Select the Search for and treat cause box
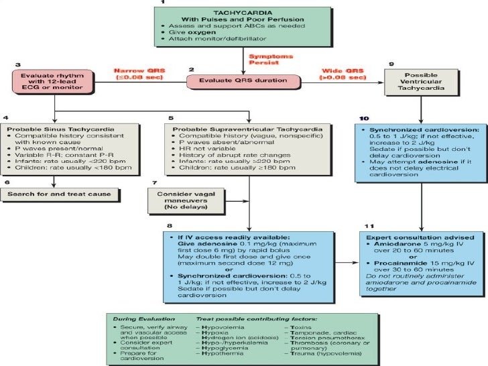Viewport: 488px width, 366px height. pos(61,194)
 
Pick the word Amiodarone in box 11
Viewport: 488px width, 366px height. pos(395,245)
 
